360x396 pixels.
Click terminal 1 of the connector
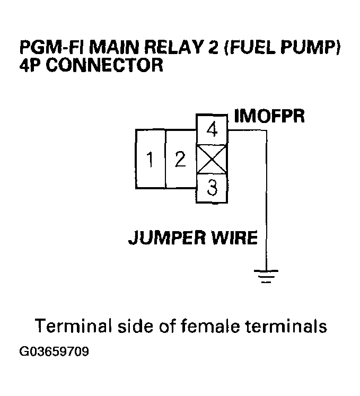[x=151, y=159]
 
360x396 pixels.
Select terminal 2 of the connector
[x=181, y=159]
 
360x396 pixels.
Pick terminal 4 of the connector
[x=212, y=130]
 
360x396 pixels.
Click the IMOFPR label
[x=269, y=116]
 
